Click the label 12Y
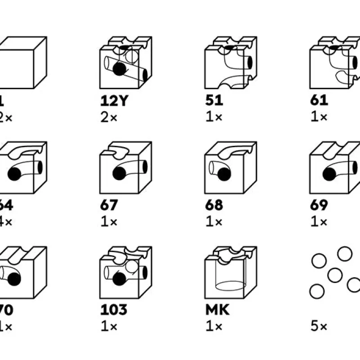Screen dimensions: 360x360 point(114,100)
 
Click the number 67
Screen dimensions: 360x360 point(109,205)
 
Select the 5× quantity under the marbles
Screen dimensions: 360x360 point(318,326)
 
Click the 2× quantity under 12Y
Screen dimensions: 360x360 point(109,117)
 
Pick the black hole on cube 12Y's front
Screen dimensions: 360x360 point(119,68)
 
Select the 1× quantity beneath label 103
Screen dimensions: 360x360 point(108,326)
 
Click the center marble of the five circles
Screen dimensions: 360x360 point(335,274)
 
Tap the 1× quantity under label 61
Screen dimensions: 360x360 point(319,117)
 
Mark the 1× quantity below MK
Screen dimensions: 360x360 point(213,326)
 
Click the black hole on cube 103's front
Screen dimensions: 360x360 point(119,279)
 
